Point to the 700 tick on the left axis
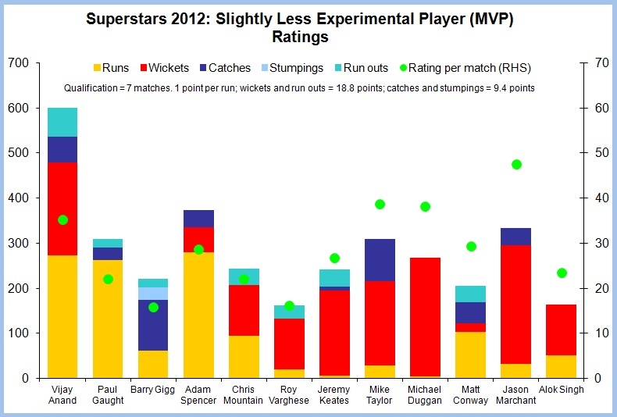point(17,62)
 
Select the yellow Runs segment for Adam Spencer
point(198,315)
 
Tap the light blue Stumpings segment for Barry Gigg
point(153,294)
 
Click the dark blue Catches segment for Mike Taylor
point(380,260)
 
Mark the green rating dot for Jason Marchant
point(516,165)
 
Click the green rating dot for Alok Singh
point(562,273)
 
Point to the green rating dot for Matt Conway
point(471,247)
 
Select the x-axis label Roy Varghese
point(289,394)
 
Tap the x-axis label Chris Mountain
point(244,394)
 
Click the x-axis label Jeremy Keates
point(334,394)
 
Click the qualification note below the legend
point(299,88)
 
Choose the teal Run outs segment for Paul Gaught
point(108,243)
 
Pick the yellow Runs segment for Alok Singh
point(562,366)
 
